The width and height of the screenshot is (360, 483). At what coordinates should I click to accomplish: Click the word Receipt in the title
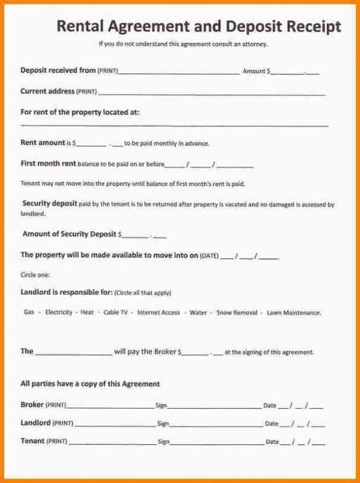(310, 27)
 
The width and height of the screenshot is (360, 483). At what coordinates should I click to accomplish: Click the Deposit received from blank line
(178, 72)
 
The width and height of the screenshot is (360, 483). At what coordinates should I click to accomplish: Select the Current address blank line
(211, 94)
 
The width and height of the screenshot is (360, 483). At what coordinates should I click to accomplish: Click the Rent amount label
(42, 143)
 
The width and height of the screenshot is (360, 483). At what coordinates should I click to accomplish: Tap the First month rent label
(48, 164)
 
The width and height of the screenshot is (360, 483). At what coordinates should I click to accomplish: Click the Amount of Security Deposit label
(69, 234)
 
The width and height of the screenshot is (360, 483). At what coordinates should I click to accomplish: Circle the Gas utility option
(28, 313)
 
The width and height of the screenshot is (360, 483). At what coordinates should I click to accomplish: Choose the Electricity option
(59, 313)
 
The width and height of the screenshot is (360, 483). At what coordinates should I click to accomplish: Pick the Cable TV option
(115, 313)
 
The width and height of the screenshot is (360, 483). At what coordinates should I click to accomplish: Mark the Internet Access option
(158, 313)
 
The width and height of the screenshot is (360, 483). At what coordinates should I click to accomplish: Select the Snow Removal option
(236, 313)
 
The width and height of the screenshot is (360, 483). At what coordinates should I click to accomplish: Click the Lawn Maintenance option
(294, 313)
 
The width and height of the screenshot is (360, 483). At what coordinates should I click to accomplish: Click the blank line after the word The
(74, 353)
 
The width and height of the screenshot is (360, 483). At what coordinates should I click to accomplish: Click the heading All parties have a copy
(90, 384)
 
